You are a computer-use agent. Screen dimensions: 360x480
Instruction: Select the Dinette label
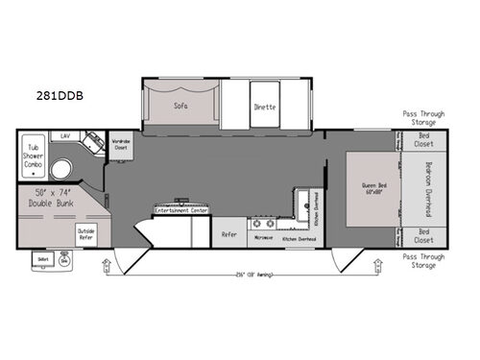(x=265, y=107)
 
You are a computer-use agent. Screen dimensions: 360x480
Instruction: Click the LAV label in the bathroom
(x=65, y=137)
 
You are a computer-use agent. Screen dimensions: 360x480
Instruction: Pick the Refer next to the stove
(x=229, y=233)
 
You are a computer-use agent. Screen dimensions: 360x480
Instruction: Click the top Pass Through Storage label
(x=423, y=117)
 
